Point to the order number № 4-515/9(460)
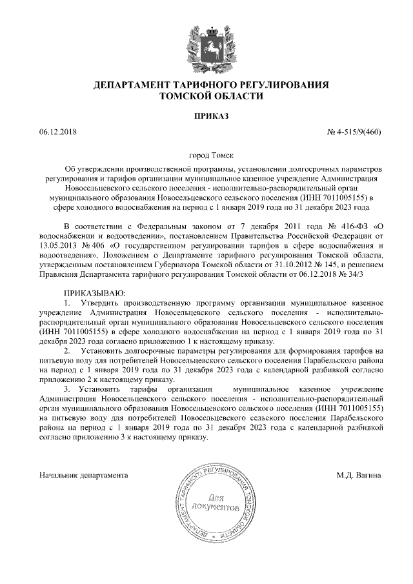pos(355,132)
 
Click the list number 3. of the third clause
pos(68,389)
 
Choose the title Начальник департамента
pos(83,476)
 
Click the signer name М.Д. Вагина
pos(358,476)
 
